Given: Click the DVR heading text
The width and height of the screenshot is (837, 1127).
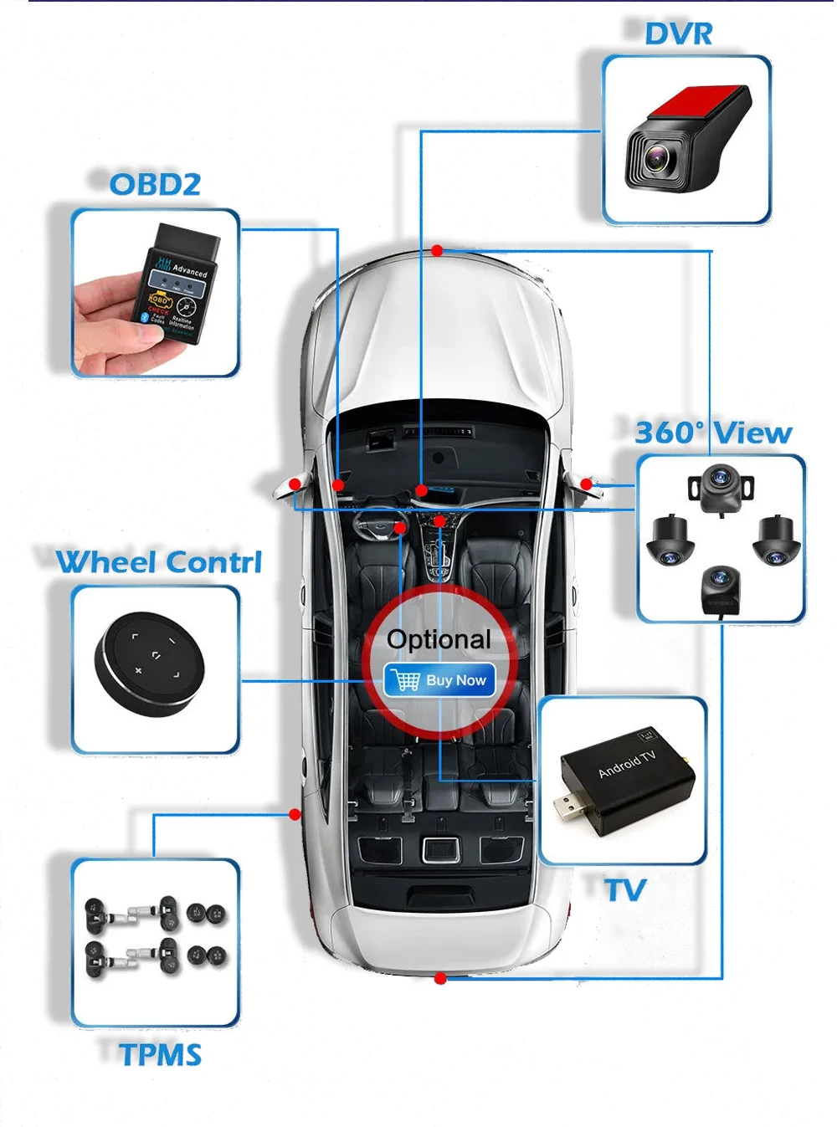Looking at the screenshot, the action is (x=678, y=34).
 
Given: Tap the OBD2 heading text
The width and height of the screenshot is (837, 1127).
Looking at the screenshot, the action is (x=155, y=184).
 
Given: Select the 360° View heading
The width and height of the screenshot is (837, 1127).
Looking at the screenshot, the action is (x=713, y=433).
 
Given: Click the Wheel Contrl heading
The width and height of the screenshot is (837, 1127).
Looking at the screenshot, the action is (x=159, y=562).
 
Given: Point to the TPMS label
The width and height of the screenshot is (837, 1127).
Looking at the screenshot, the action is (x=161, y=1055).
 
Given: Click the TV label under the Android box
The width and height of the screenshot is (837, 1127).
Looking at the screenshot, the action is (x=625, y=890).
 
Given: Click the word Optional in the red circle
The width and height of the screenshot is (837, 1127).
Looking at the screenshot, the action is (x=439, y=639).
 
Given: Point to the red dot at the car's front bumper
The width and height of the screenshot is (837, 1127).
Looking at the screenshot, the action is (x=438, y=250).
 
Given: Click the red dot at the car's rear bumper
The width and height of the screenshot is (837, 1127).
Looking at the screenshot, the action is (x=440, y=978).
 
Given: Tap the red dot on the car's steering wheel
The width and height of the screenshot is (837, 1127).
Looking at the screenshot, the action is (x=400, y=528).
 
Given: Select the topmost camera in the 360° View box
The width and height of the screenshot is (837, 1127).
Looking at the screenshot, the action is (x=720, y=484).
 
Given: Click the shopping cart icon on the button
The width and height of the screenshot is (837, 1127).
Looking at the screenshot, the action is (x=407, y=680).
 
